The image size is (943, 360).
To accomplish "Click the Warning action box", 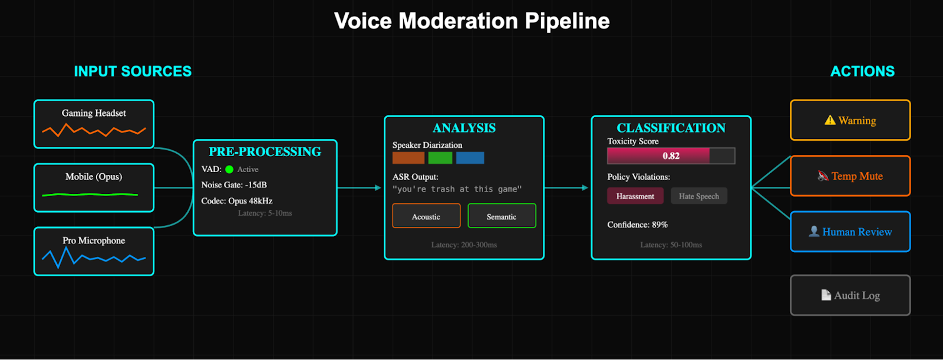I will tap(850, 120).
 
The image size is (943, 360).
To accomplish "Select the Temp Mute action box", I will tap(850, 176).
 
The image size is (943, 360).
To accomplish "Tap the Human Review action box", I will tap(850, 232).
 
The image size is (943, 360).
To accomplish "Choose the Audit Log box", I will tap(850, 295).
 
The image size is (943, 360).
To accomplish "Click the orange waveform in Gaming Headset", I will tap(94, 130).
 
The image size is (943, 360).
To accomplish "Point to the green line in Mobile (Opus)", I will tap(90, 194).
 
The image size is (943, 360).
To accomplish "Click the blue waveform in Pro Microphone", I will tap(93, 257).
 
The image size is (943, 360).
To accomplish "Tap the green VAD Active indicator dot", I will tap(229, 170).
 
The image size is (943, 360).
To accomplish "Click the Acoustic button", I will tap(426, 216).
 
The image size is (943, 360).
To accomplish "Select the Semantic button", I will tap(502, 216).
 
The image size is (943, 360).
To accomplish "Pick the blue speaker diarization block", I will tap(470, 158).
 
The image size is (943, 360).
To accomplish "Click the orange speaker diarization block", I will tap(408, 158).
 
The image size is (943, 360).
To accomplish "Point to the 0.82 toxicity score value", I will tap(671, 156).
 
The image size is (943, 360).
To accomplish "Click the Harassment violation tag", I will tap(635, 196).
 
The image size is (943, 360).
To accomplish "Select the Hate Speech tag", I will tap(698, 196).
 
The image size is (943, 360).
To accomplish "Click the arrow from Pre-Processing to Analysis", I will tap(360, 188).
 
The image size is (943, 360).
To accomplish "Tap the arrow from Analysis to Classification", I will tap(566, 188).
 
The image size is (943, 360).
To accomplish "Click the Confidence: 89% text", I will tap(637, 224).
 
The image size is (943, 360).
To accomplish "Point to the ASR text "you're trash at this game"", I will tap(457, 189).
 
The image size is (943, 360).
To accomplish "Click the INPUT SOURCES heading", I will tap(133, 71).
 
